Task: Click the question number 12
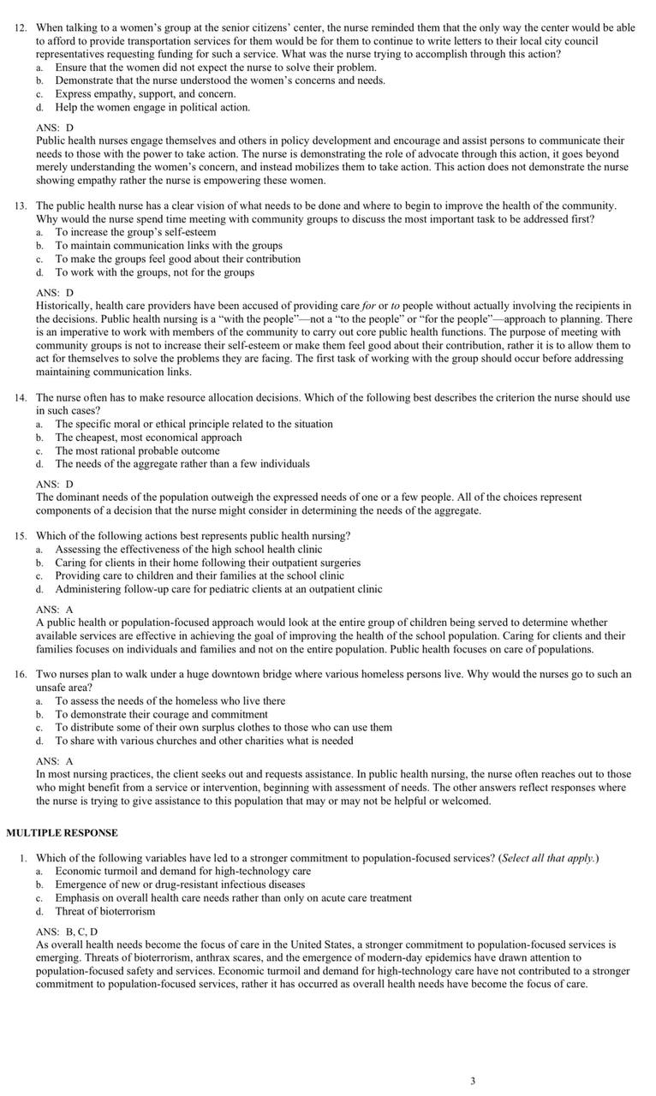point(21,27)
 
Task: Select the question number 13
point(21,205)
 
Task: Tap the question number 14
point(21,397)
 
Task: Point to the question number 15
point(21,536)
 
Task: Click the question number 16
point(21,674)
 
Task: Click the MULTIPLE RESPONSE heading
point(62,832)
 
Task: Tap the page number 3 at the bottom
point(473,1081)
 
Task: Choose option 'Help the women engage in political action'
point(152,107)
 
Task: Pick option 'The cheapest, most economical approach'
point(148,438)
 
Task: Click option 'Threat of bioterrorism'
point(105,911)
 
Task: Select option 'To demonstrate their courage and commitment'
point(161,714)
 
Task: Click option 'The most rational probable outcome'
point(137,450)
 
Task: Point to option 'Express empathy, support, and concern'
point(145,93)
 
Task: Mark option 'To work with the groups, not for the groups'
point(154,272)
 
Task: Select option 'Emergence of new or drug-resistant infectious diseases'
point(180,885)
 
